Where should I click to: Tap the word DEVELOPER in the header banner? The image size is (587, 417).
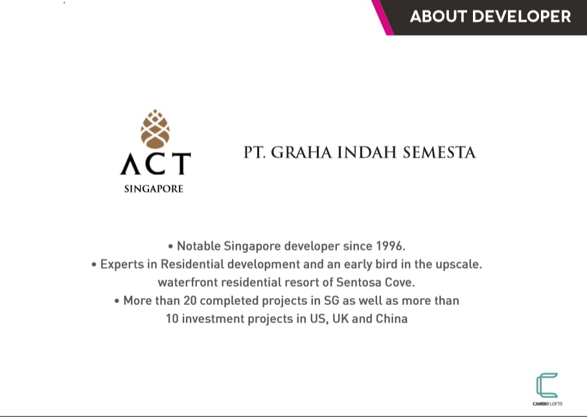(x=522, y=16)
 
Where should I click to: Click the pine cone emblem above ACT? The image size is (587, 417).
(x=155, y=129)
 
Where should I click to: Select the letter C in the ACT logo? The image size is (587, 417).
(x=155, y=163)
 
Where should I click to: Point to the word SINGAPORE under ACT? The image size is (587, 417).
(x=154, y=189)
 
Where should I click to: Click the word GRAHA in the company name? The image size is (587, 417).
(x=301, y=153)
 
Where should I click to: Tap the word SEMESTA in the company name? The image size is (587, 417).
(x=439, y=153)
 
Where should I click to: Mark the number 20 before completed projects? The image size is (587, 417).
(x=190, y=300)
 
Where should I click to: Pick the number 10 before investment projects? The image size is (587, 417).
(x=172, y=319)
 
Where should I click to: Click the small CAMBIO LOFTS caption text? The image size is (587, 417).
(x=547, y=404)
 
